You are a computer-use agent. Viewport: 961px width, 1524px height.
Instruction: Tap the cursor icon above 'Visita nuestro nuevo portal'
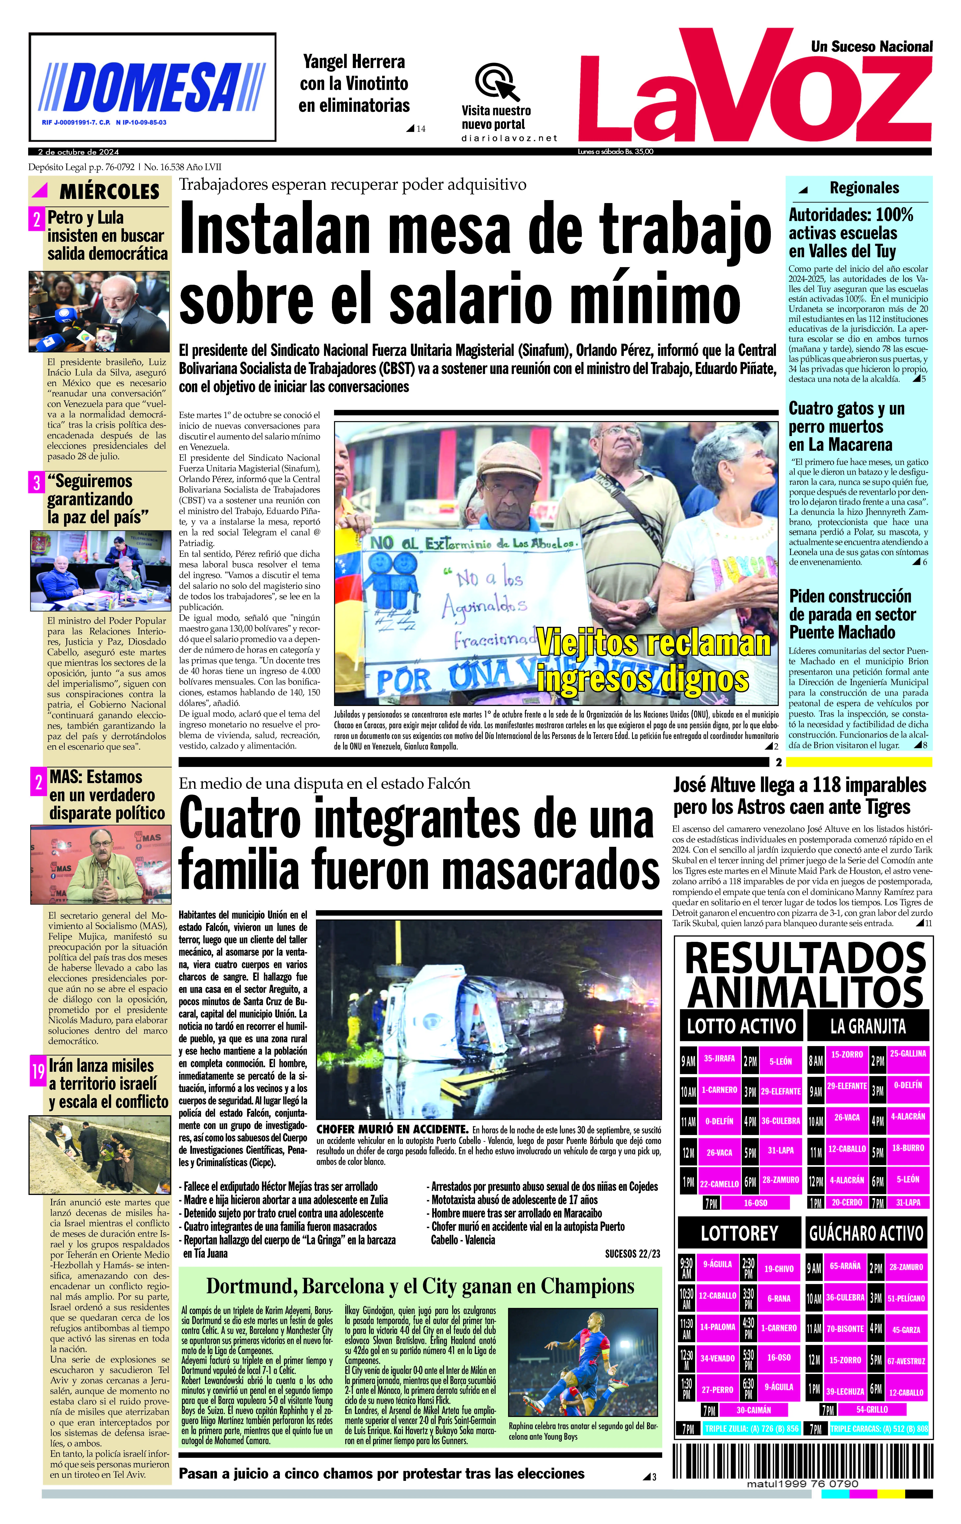click(x=497, y=81)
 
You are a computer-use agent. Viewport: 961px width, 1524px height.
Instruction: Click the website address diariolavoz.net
click(x=509, y=138)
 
